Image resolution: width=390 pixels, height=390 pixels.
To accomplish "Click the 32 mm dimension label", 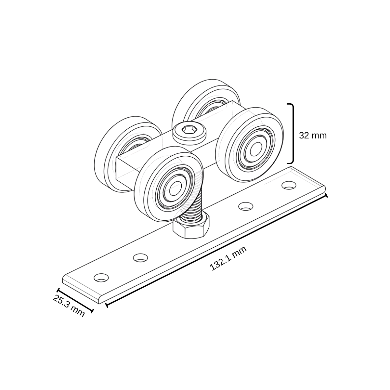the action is click(313, 136).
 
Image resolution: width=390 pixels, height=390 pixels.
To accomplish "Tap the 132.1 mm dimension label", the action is click(228, 258).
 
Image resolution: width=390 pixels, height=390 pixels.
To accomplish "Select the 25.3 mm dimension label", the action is click(69, 306).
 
